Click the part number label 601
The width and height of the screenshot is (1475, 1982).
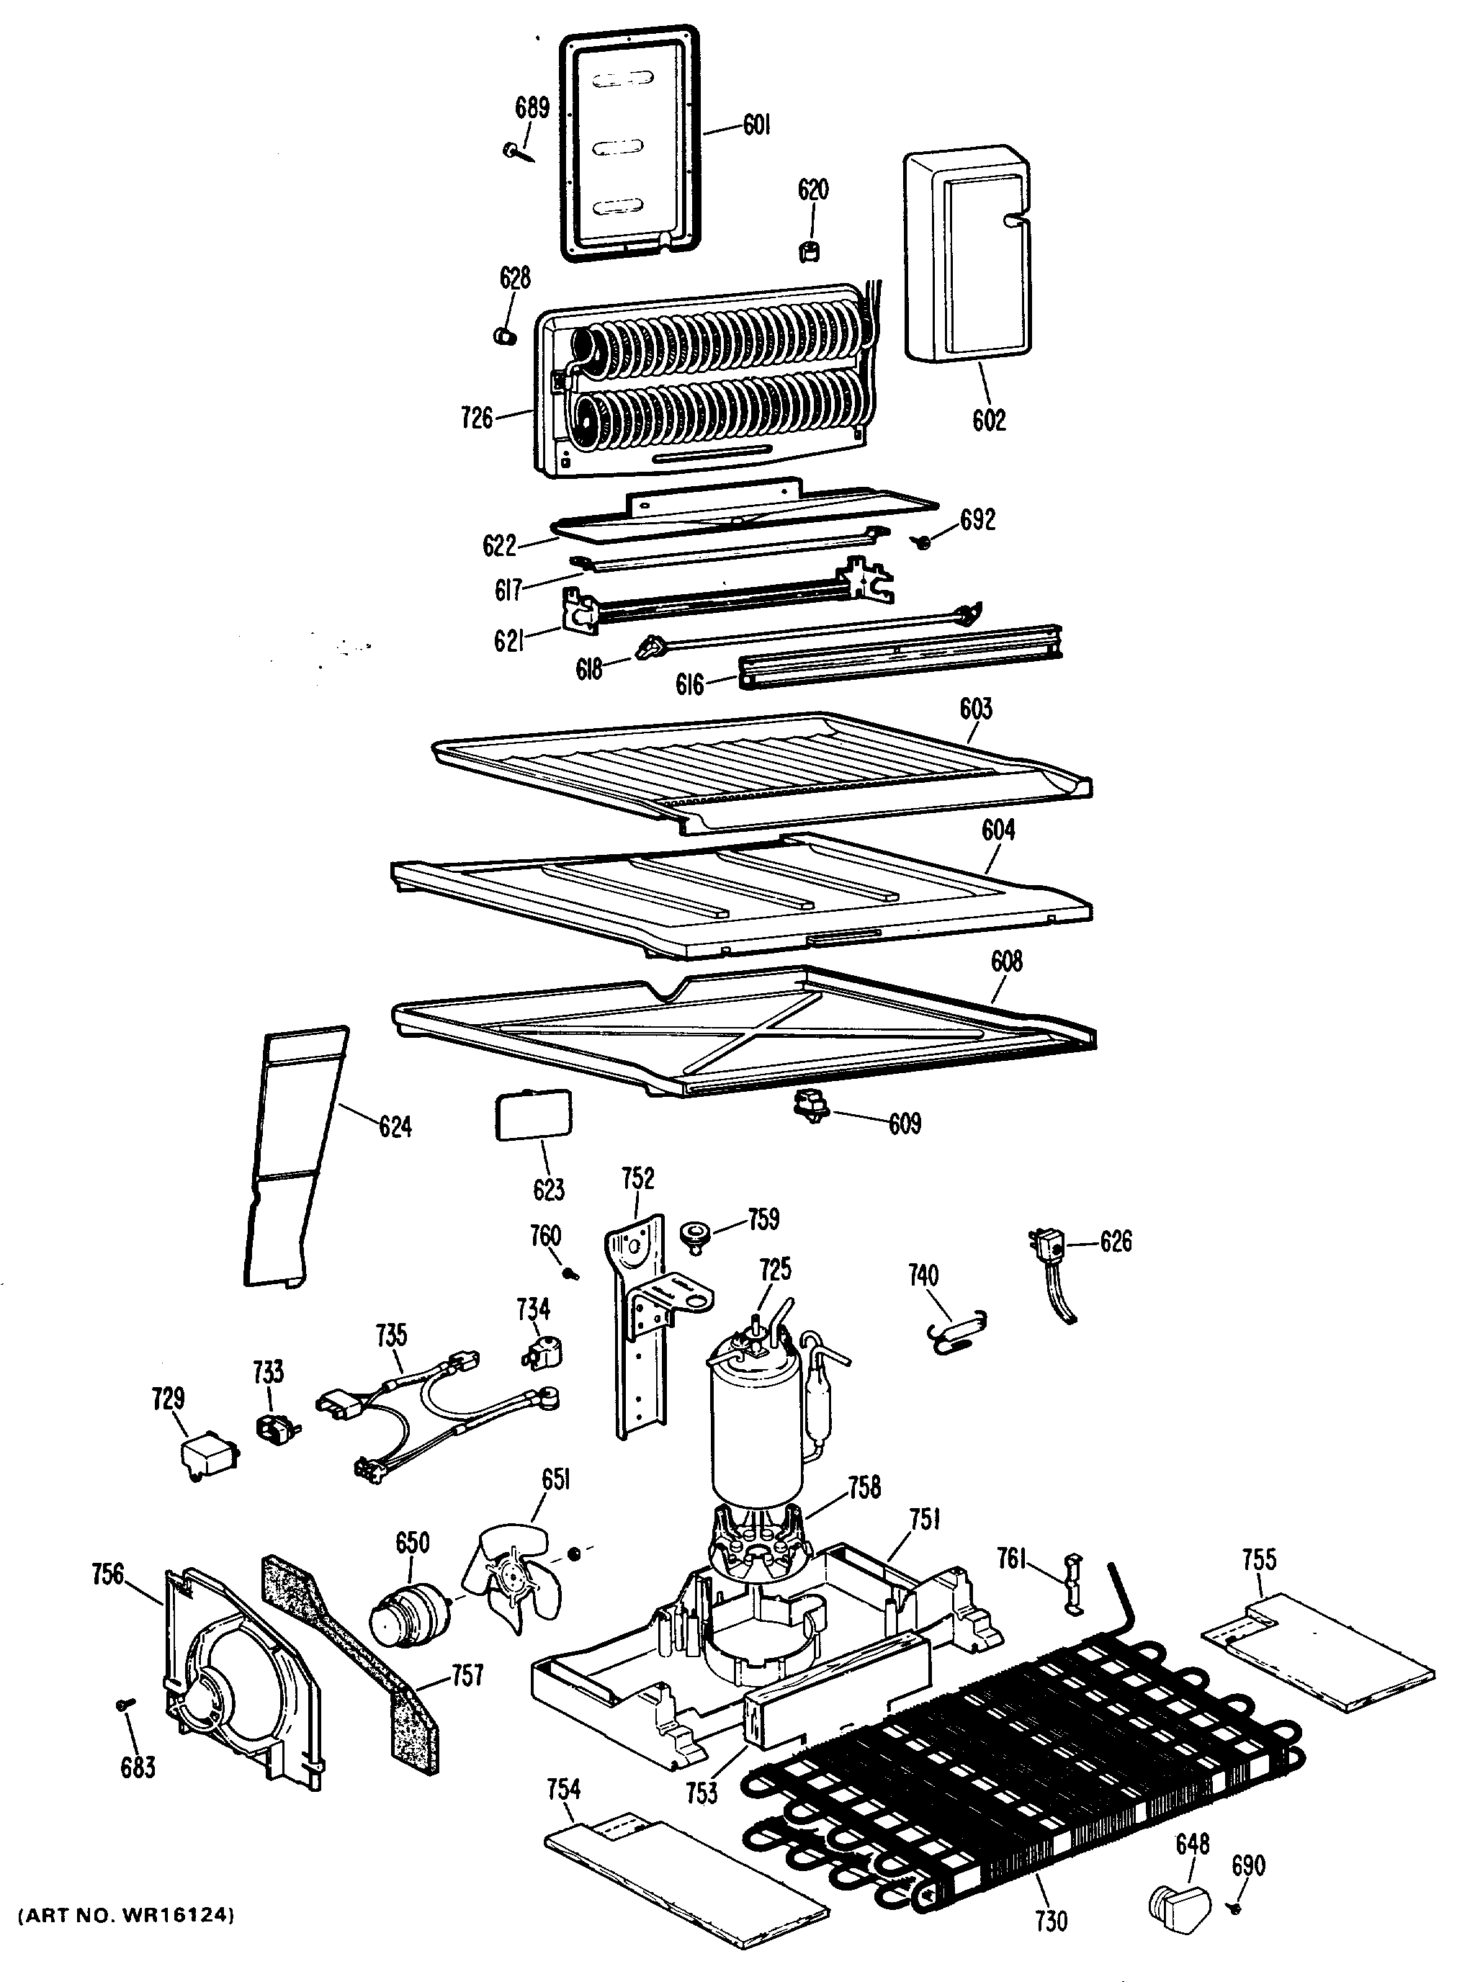pos(756,126)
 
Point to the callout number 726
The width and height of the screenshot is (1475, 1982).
pos(477,417)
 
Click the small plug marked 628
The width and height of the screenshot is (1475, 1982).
pos(506,336)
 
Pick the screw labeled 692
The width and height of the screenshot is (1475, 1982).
pos(923,540)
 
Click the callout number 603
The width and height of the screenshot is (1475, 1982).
pos(976,708)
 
